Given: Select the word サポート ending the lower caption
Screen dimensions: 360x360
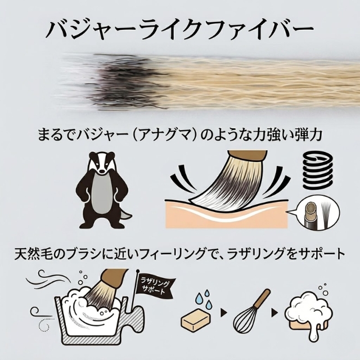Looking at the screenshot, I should pyautogui.click(x=318, y=254).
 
